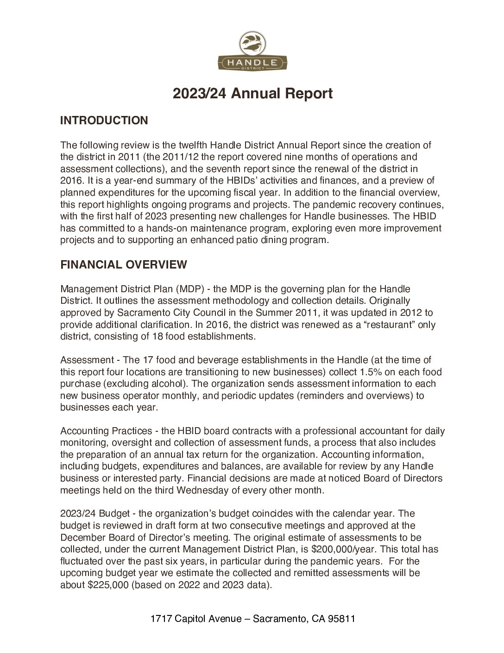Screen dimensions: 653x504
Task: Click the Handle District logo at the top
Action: [252, 52]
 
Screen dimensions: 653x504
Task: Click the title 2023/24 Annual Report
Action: [252, 94]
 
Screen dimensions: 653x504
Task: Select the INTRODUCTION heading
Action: [104, 121]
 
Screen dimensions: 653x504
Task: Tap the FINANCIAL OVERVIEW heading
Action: [124, 265]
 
